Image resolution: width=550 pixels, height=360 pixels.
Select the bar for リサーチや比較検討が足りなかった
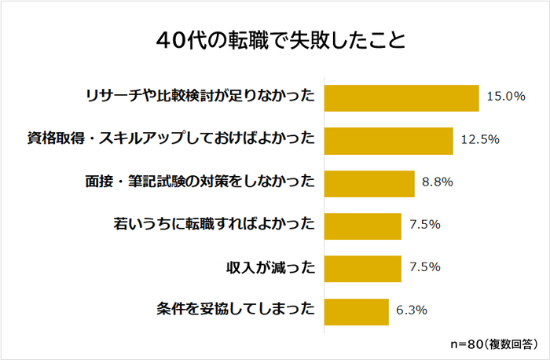click(x=401, y=97)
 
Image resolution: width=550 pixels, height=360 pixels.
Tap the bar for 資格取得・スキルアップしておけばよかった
click(x=388, y=140)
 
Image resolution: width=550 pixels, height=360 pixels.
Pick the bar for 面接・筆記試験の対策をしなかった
click(x=369, y=182)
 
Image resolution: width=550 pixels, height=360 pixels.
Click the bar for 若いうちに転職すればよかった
click(x=362, y=225)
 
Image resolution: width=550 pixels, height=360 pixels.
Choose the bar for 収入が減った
click(x=362, y=267)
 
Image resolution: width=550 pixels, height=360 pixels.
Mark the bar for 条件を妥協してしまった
click(x=356, y=310)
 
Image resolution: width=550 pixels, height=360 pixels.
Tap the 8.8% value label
click(x=438, y=182)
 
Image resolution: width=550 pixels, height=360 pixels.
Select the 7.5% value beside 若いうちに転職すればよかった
click(x=425, y=225)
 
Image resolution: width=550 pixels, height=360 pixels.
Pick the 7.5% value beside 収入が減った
click(x=425, y=267)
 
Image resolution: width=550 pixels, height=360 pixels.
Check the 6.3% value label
click(x=412, y=310)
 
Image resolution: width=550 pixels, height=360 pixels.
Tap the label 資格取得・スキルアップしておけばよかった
click(x=171, y=140)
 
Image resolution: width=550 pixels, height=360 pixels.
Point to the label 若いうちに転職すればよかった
click(x=214, y=225)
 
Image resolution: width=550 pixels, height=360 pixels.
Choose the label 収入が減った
click(x=269, y=267)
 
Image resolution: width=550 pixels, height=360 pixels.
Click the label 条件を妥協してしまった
click(x=236, y=310)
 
